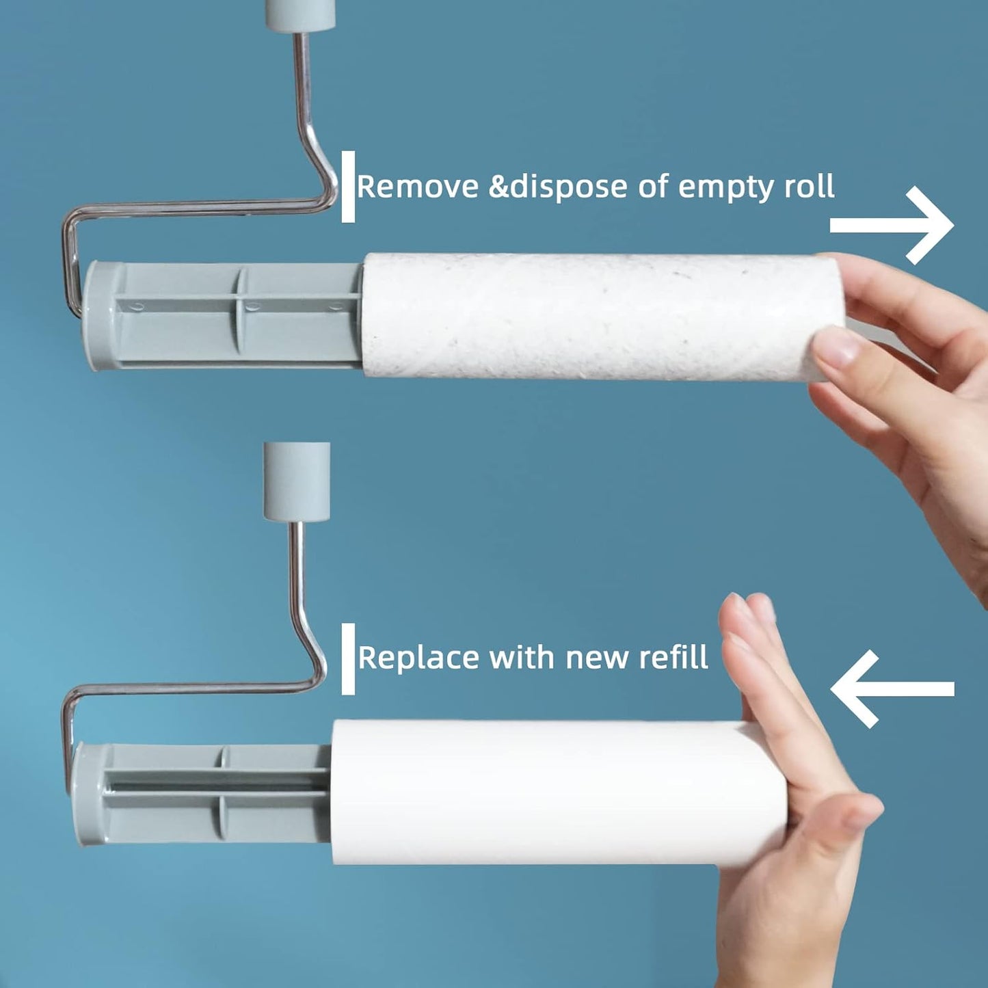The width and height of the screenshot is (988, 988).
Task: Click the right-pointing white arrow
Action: click(x=892, y=226)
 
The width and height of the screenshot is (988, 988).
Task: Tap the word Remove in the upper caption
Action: click(x=417, y=187)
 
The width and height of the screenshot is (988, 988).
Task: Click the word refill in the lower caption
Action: click(x=673, y=658)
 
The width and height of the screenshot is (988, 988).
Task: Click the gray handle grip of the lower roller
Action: click(x=297, y=481)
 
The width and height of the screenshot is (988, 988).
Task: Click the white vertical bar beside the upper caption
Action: click(x=348, y=187)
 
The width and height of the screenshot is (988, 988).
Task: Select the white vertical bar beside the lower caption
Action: click(x=348, y=658)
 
